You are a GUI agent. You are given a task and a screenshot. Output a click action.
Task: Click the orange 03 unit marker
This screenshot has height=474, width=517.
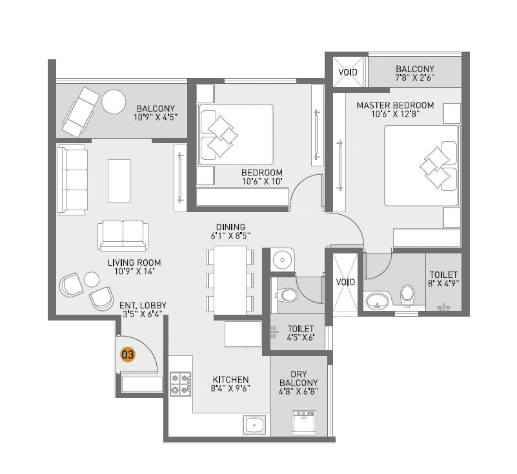click(x=128, y=354)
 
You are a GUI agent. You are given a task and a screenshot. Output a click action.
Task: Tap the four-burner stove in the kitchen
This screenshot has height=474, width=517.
click(x=180, y=383)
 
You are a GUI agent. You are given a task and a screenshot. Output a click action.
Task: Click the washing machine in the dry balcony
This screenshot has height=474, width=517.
click(x=301, y=423)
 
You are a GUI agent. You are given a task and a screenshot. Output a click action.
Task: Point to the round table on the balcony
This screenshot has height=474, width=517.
click(x=114, y=101)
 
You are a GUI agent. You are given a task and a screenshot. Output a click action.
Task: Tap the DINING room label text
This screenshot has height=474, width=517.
click(x=230, y=227)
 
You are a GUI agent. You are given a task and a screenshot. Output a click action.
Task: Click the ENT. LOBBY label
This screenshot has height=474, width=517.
click(x=143, y=305)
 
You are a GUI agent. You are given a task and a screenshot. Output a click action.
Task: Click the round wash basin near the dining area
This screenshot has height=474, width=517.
click(x=282, y=260)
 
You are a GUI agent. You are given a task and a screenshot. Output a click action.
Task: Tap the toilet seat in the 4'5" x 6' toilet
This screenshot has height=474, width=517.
click(x=287, y=296)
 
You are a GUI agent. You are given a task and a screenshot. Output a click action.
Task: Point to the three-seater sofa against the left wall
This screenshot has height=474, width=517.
click(x=72, y=179)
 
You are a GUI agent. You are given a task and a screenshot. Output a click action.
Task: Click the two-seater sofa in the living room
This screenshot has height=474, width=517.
click(x=123, y=235)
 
